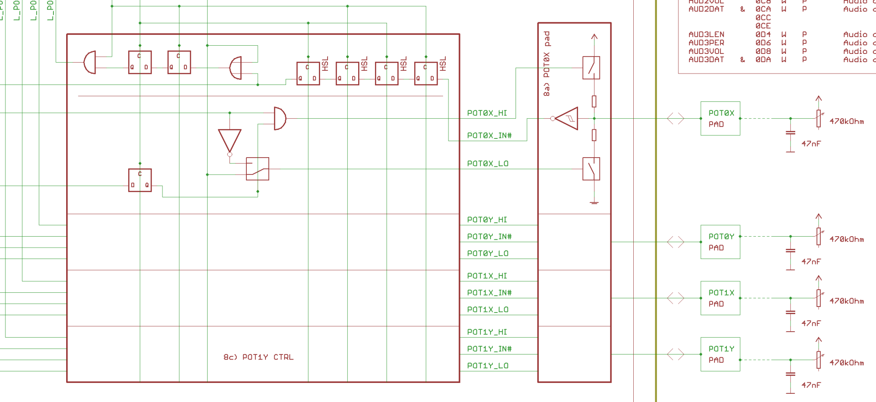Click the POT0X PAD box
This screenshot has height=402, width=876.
point(720,118)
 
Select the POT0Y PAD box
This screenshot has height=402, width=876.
point(720,242)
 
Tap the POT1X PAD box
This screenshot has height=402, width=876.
point(720,298)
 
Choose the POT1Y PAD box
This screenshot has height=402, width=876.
point(720,354)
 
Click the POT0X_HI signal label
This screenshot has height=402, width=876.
point(487,113)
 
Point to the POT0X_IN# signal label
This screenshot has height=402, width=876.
point(489,136)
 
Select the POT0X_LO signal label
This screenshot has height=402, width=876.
point(487,164)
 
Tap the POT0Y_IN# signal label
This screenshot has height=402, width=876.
point(489,237)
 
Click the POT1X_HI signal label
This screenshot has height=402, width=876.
point(487,276)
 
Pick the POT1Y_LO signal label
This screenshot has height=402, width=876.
point(487,366)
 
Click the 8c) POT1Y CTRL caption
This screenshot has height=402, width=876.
point(258,357)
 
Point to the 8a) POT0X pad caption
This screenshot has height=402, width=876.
point(547,63)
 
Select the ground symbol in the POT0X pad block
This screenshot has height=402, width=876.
point(594,202)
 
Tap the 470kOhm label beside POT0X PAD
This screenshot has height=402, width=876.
point(846,122)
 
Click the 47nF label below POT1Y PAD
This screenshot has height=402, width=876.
point(811,385)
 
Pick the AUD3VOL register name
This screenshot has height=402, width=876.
point(706,51)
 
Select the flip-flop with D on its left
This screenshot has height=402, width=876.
point(140,180)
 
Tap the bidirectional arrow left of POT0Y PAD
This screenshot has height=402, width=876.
point(675,242)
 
